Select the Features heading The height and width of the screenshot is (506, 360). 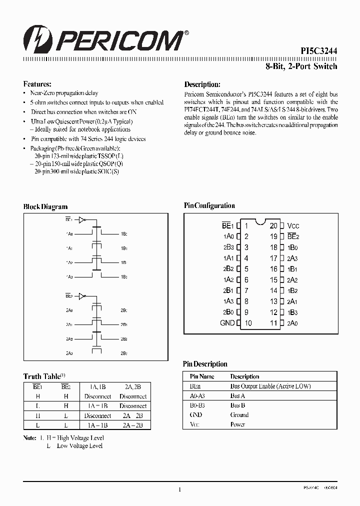tap(37, 84)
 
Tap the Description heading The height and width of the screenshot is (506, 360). tap(202, 84)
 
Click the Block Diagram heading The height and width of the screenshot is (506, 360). tap(45, 206)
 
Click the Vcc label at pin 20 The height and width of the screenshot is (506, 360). tap(293, 226)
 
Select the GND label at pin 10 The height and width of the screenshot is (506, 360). tap(227, 323)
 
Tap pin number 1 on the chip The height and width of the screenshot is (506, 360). tap(246, 226)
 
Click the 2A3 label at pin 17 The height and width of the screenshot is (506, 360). tap(292, 258)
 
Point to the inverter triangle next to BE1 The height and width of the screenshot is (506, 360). tap(83, 219)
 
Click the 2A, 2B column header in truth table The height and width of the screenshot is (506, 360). tap(133, 386)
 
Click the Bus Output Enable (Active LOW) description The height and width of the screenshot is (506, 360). tap(270, 386)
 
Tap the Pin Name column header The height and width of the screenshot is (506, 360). tap(202, 376)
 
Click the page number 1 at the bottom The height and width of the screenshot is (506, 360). tap(179, 490)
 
